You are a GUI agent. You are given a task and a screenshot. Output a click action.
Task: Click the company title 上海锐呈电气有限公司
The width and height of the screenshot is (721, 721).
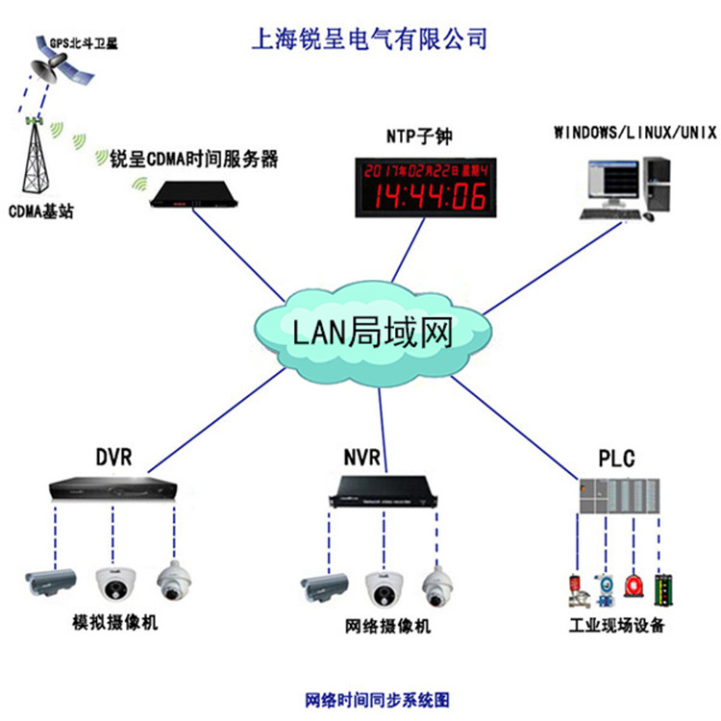tap(368, 39)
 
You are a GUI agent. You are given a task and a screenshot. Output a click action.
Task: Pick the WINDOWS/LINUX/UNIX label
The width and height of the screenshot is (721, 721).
tap(634, 132)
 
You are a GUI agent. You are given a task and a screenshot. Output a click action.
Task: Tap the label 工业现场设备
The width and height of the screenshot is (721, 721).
tap(615, 626)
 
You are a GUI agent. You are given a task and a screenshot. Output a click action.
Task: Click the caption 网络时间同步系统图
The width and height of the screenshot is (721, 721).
tap(377, 699)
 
